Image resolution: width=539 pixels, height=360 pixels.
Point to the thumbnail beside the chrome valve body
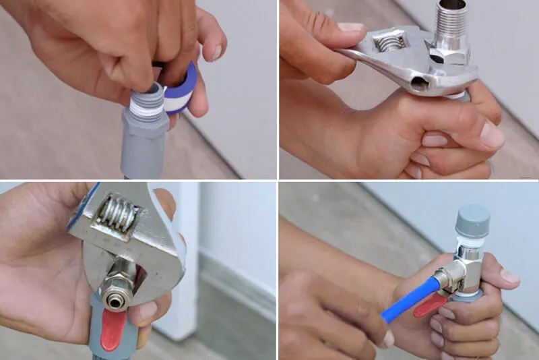point(509,276)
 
